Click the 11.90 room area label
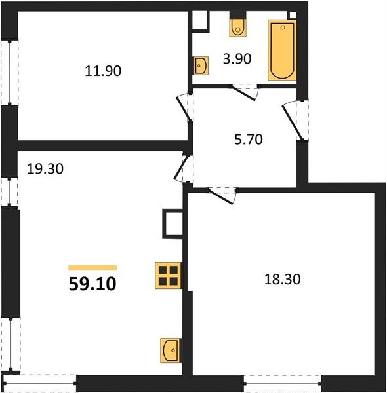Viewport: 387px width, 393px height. (x=103, y=70)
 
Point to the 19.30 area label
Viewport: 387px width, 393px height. (x=45, y=168)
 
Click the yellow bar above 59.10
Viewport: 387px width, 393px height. (x=92, y=267)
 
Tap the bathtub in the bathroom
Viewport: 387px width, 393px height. (x=281, y=50)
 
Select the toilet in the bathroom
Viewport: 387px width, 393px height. (x=237, y=26)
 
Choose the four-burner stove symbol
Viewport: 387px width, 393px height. (x=168, y=275)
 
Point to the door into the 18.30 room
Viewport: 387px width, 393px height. (x=222, y=194)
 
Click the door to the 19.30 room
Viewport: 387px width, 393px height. (x=183, y=169)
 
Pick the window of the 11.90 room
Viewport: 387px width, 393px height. (x=9, y=72)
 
